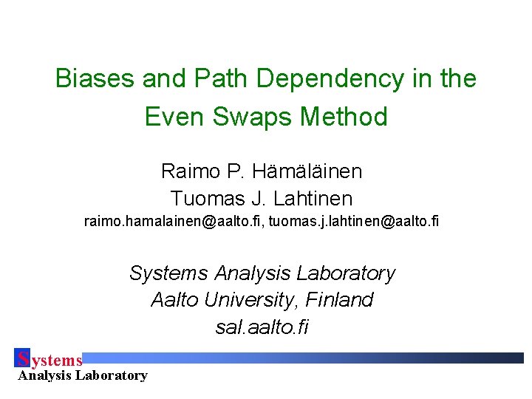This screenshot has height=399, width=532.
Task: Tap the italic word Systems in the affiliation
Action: coord(169,273)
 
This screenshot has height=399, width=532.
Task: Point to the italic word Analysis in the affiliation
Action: coord(249,273)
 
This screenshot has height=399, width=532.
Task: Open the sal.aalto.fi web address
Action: coord(262,327)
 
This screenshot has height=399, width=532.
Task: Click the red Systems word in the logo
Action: coord(50,360)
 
